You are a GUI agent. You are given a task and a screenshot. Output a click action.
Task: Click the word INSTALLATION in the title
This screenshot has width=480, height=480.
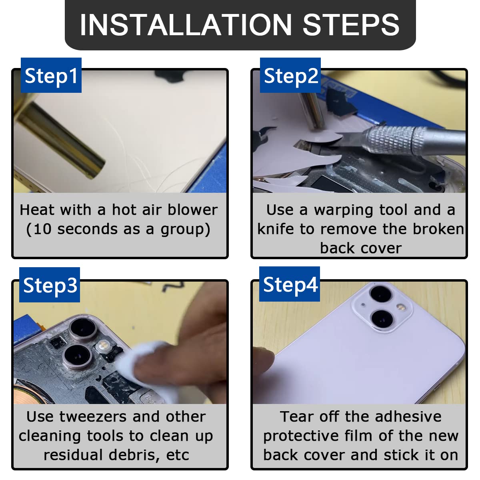coord(186,25)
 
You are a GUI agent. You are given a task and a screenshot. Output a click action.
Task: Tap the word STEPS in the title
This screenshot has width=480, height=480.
coord(351,25)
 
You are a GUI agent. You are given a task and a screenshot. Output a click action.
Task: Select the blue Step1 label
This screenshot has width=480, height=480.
coord(51,75)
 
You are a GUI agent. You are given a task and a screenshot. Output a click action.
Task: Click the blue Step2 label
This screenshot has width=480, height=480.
coord(290,75)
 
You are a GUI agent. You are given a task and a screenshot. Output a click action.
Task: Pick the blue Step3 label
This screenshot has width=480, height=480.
coord(50,285)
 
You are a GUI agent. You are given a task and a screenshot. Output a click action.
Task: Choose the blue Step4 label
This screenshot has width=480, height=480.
coord(290,284)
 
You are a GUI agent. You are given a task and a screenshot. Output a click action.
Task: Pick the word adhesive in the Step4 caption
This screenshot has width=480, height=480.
coord(408,416)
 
